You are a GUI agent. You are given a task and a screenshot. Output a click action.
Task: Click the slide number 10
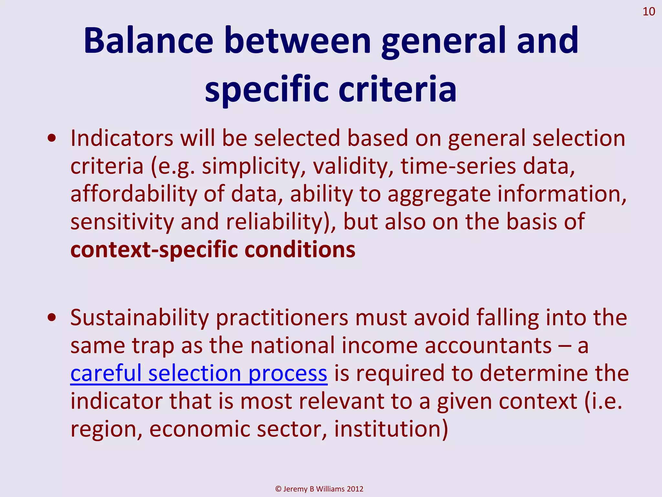(x=648, y=12)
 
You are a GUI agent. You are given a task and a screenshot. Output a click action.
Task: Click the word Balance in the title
(x=148, y=41)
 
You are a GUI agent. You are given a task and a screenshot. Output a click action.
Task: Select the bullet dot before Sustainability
(x=52, y=318)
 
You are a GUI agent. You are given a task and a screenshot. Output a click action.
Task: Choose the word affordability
(x=133, y=194)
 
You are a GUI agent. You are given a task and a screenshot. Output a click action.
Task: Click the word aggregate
(x=439, y=195)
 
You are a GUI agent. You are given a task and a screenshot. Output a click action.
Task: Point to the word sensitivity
(x=122, y=222)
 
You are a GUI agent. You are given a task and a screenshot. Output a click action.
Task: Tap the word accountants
(x=488, y=346)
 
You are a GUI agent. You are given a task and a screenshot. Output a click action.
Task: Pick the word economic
(x=200, y=429)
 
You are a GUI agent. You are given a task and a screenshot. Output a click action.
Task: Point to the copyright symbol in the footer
(x=278, y=489)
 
